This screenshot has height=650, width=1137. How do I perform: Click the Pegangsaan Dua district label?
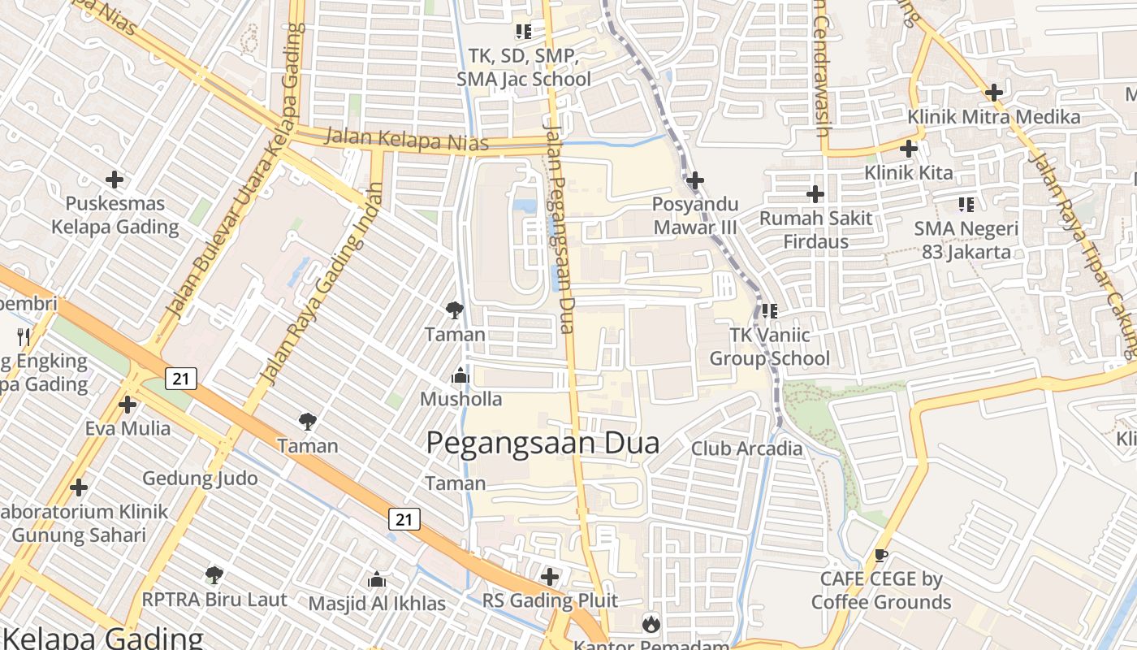click(543, 443)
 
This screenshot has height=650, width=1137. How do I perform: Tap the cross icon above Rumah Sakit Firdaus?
click(815, 194)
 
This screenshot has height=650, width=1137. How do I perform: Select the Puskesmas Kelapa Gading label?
click(115, 214)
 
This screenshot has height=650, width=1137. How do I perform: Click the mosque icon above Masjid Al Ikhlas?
click(376, 579)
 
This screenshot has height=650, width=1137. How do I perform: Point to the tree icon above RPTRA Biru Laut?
click(214, 575)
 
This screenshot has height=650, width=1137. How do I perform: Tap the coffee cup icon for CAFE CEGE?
click(880, 556)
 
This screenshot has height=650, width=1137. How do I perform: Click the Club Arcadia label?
click(746, 448)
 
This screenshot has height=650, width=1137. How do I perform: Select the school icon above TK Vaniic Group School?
click(769, 310)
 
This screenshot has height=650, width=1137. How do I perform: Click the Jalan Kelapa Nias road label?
click(406, 139)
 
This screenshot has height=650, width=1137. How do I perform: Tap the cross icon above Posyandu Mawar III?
click(695, 180)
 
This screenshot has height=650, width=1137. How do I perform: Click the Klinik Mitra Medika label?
click(994, 117)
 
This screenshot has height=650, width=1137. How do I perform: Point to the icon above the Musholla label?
click(460, 375)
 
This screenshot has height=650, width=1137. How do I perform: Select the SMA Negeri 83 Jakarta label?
click(966, 240)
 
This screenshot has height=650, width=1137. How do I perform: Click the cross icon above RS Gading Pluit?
click(550, 577)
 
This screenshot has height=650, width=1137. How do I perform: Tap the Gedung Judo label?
click(200, 478)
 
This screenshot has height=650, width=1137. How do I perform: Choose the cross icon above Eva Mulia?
click(128, 404)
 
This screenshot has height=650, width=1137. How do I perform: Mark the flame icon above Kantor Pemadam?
click(651, 623)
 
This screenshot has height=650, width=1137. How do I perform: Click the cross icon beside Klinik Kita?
click(909, 149)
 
